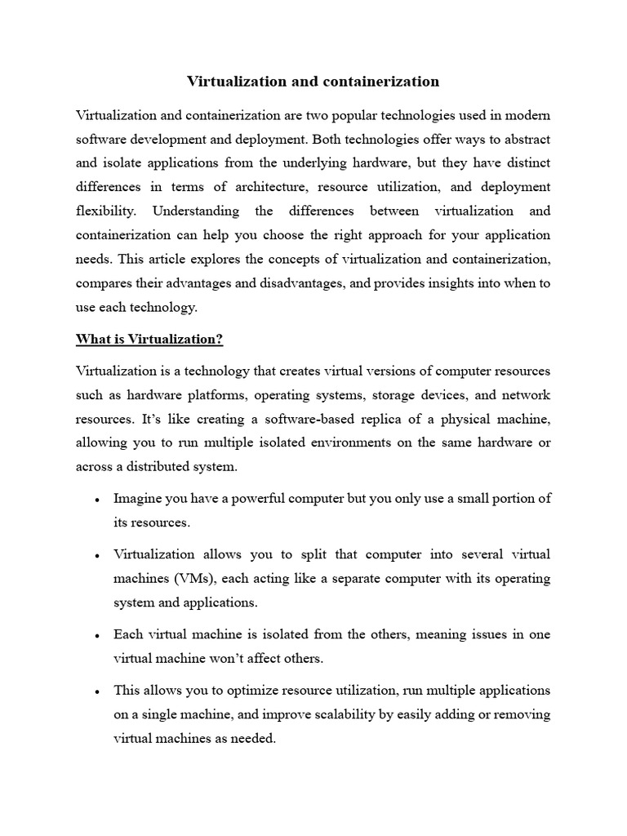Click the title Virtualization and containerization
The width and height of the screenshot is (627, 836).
point(313,82)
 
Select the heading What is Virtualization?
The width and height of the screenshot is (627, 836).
point(149,339)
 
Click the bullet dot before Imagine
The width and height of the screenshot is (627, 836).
point(97,500)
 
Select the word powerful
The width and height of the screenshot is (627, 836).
point(247,498)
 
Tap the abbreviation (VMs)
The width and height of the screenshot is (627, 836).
point(194,579)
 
